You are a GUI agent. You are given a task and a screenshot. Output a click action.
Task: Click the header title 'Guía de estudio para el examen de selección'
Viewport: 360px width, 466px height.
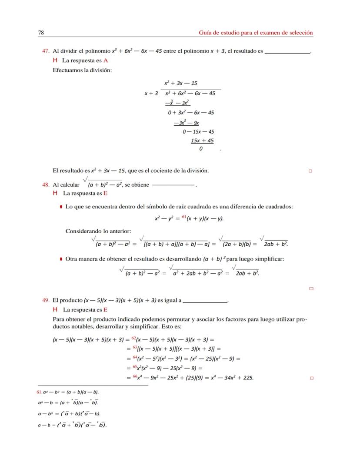click(x=256, y=33)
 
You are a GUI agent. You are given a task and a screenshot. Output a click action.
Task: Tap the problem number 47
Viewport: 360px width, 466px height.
click(x=45, y=51)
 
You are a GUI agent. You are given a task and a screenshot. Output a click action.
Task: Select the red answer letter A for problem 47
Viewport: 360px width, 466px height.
click(x=106, y=60)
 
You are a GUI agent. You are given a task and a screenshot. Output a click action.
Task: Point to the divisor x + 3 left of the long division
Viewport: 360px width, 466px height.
click(x=151, y=94)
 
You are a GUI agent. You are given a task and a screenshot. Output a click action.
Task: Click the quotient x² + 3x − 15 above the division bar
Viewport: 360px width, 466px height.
click(x=181, y=83)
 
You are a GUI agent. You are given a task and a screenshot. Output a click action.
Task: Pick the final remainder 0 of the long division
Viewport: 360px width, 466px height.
click(x=200, y=149)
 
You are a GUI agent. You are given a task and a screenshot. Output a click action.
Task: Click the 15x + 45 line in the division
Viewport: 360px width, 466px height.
click(x=202, y=141)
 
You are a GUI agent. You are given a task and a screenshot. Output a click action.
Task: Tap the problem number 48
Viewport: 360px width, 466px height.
click(x=45, y=184)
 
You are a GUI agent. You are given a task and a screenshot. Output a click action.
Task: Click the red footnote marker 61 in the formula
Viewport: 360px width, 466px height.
click(x=183, y=217)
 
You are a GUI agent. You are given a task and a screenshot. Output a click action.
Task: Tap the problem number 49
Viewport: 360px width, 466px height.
click(x=45, y=300)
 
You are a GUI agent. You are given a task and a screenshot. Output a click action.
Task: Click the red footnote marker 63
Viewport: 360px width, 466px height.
click(x=134, y=347)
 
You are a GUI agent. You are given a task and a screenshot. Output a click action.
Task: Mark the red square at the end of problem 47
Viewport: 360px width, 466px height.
click(x=310, y=171)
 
